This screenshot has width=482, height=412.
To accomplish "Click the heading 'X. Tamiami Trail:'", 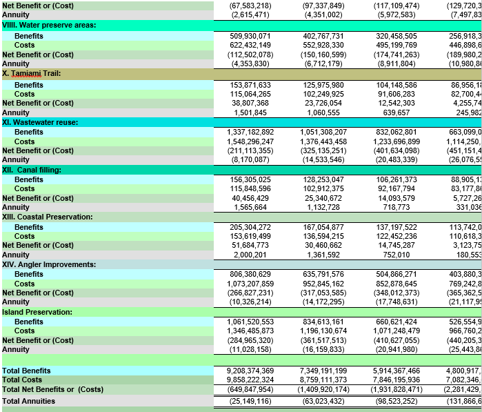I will pos(32,72).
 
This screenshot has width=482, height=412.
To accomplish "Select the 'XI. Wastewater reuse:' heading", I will pos(40,122).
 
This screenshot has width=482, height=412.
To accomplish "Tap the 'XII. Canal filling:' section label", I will pos(32,170).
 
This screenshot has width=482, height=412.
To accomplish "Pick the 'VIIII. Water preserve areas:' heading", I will pos(49,25).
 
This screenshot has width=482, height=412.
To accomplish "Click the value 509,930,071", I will pos(250,36).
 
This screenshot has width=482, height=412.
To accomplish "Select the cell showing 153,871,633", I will pos(250,85).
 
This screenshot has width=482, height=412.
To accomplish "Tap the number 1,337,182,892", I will pos(250,132).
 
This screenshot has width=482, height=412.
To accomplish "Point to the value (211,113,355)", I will pos(250,150).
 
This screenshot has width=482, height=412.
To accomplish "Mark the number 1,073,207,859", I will pos(250,284).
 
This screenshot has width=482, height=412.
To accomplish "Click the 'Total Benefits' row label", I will pos(26,371).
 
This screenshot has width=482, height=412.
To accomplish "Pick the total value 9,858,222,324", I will pos(250,380).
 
